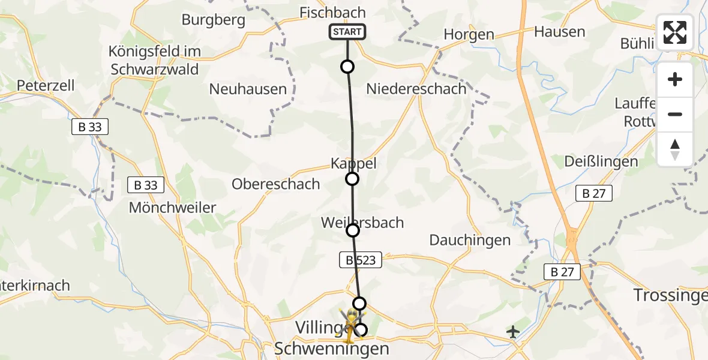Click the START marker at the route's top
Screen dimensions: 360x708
click(347, 32)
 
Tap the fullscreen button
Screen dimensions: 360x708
click(675, 32)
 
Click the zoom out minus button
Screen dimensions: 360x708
click(675, 114)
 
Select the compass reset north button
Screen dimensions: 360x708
click(675, 149)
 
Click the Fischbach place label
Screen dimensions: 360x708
click(332, 13)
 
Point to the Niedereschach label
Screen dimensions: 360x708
click(416, 89)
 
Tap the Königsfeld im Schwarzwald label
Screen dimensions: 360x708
click(155, 60)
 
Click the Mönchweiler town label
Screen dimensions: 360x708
click(173, 208)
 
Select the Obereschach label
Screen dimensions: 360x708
click(276, 184)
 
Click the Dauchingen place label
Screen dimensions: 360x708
click(470, 241)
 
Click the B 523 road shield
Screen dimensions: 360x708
click(361, 260)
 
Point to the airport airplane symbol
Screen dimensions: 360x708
click(513, 331)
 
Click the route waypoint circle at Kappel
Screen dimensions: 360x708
click(352, 179)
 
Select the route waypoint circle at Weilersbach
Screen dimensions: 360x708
click(353, 230)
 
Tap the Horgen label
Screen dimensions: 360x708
click(469, 35)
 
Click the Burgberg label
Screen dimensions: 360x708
click(214, 20)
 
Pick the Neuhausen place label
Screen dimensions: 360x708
click(248, 89)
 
